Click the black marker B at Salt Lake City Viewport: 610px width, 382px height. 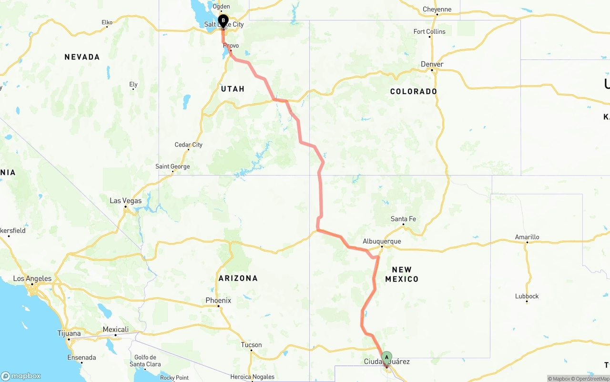coord(223,20)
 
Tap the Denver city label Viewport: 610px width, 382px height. coord(432,64)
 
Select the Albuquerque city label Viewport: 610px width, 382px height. coord(382,241)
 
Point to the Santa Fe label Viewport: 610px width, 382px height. coord(403,219)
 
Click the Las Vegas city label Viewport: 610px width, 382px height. coord(125,201)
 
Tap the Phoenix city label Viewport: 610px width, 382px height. coord(218,300)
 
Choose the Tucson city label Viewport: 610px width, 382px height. coord(251,345)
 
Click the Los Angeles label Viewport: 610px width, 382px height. coord(32,279)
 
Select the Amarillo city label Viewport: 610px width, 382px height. coord(527,237)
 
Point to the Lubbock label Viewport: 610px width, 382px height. coord(527,296)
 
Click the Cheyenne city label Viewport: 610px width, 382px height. coord(437,9)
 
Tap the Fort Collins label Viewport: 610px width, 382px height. coord(429,31)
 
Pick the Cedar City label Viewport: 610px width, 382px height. coord(189,145)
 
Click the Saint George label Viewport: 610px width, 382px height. coord(173,167)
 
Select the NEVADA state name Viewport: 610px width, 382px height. coord(82,57)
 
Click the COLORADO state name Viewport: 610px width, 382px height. coord(413,91)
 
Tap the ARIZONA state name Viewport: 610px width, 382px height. coord(238,278)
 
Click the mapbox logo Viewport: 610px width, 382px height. coord(21,376)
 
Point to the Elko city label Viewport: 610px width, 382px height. coord(107,22)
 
